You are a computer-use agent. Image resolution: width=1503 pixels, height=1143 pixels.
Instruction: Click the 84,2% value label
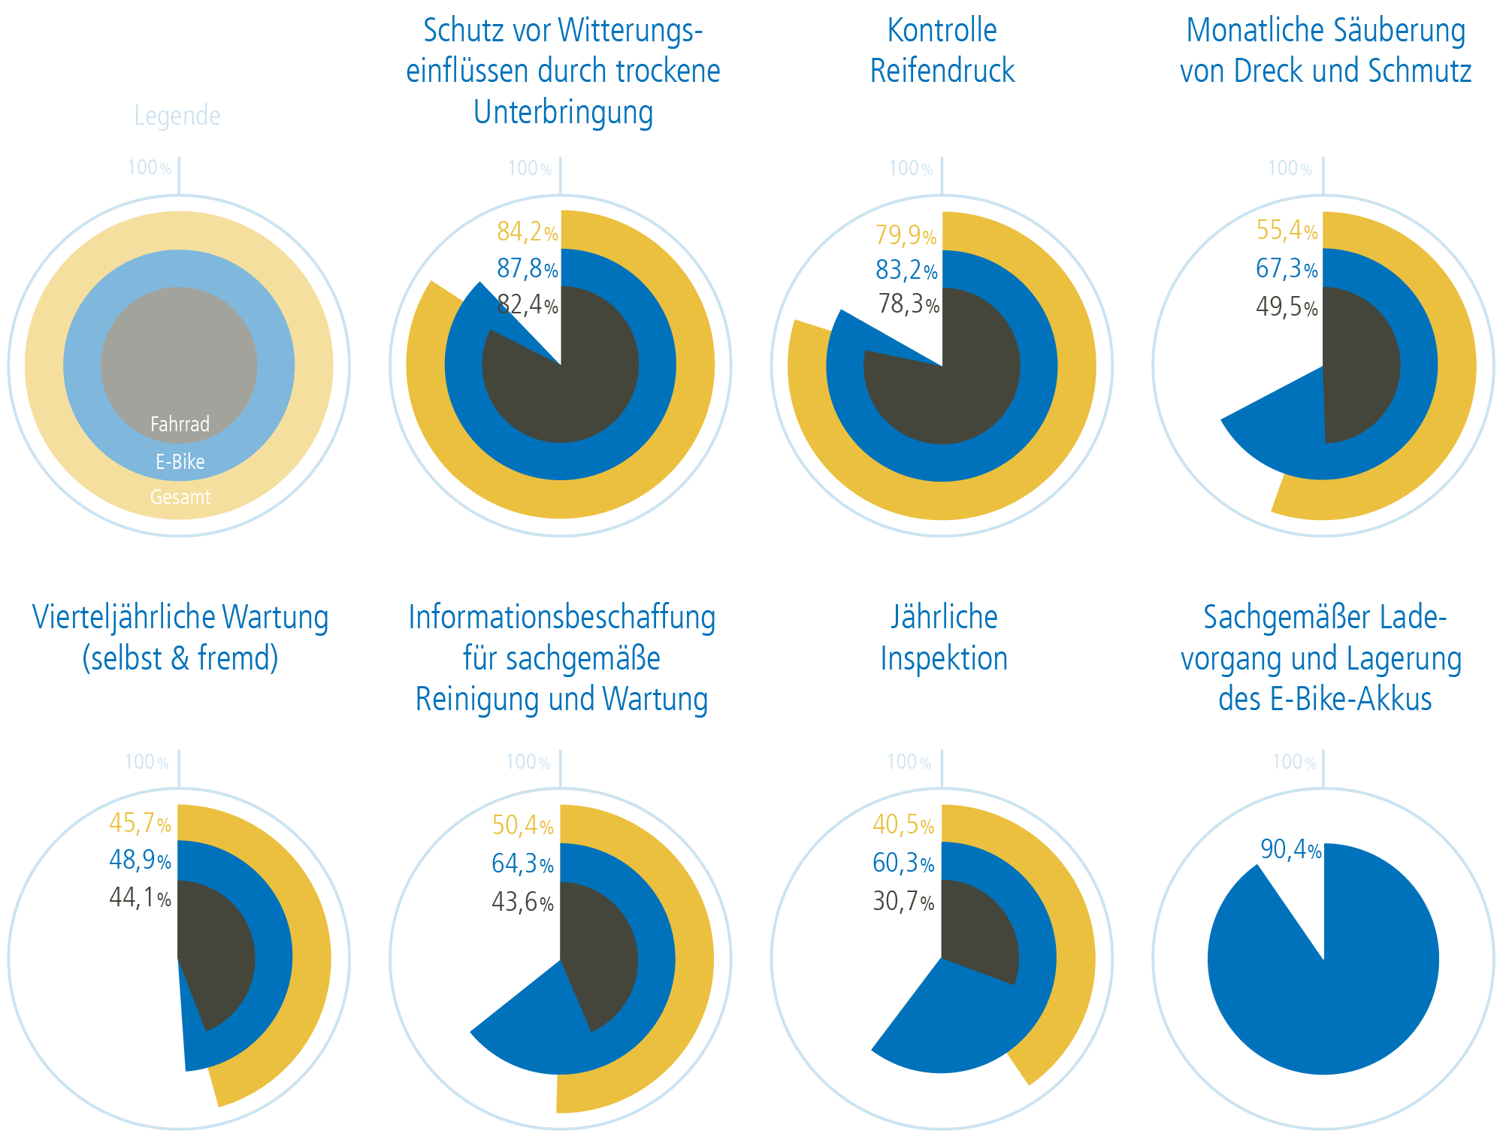click(x=527, y=232)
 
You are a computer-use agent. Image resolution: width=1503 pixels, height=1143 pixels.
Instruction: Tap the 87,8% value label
click(x=527, y=268)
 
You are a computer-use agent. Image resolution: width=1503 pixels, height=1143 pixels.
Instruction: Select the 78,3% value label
click(x=909, y=304)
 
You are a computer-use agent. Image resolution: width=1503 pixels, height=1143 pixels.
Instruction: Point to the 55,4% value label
click(x=1287, y=231)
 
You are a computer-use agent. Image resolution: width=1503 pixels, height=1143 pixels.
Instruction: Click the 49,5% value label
click(x=1287, y=307)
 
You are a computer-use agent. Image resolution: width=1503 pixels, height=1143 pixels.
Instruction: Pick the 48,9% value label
click(x=140, y=860)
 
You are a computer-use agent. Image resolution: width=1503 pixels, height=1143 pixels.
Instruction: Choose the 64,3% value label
click(x=522, y=863)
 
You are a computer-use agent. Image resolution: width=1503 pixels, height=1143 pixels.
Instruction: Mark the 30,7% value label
click(x=903, y=901)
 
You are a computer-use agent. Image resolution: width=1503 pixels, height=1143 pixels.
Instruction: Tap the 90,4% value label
click(x=1290, y=850)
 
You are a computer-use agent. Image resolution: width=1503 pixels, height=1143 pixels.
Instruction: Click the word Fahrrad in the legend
click(x=180, y=425)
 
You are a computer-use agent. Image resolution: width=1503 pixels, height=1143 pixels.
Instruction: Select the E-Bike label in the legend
click(x=180, y=461)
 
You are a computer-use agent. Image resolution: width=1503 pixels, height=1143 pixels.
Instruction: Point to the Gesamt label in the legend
click(x=180, y=497)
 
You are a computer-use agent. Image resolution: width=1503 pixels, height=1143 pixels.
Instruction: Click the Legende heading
click(x=177, y=116)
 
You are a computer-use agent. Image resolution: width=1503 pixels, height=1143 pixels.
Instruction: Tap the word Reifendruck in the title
click(x=942, y=71)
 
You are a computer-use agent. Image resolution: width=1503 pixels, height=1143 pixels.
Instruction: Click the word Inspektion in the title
click(x=944, y=659)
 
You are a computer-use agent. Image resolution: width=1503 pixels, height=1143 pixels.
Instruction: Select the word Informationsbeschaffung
click(x=561, y=618)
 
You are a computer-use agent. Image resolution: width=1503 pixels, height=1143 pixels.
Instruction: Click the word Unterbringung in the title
click(x=563, y=113)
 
